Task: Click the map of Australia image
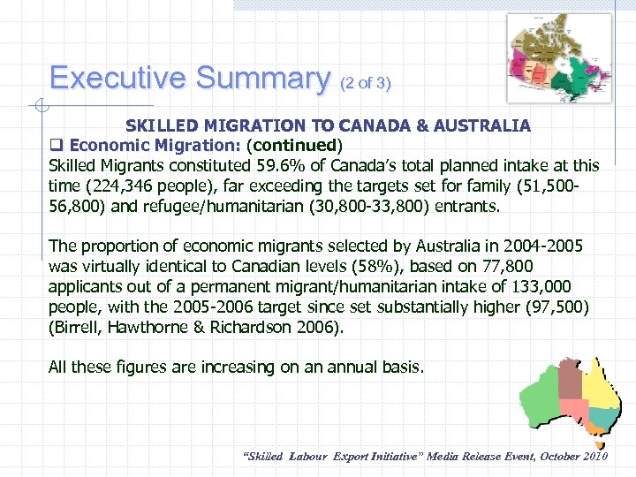(572, 396)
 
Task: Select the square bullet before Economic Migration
(56, 145)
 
